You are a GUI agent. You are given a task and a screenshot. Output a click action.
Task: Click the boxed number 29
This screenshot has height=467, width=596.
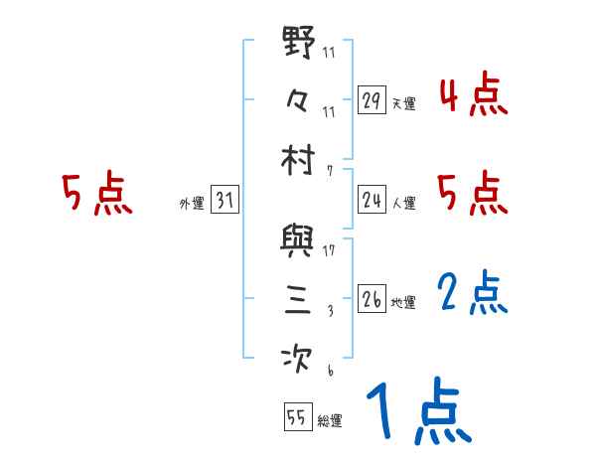click(x=372, y=100)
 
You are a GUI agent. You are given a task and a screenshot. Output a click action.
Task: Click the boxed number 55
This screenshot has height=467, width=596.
click(x=296, y=417)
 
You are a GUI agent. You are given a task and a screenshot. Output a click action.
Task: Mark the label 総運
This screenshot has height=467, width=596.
click(x=330, y=420)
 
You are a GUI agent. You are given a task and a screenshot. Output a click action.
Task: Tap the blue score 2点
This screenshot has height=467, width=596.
click(x=473, y=293)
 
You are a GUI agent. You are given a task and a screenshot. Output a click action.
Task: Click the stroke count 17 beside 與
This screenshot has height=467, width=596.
click(x=329, y=250)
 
